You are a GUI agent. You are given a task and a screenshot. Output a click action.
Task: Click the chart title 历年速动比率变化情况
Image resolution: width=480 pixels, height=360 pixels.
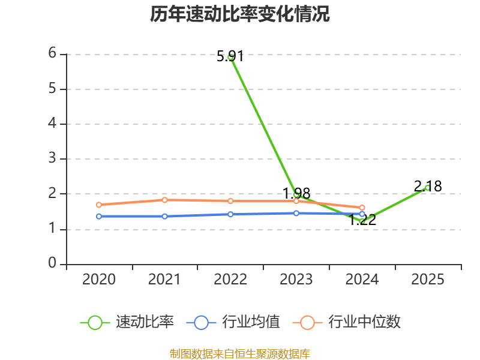coord(240,14)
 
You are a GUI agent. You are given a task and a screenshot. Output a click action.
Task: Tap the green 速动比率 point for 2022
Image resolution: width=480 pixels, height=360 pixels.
coord(230,56)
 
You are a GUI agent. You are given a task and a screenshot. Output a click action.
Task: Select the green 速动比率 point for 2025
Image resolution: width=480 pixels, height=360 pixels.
coord(427,188)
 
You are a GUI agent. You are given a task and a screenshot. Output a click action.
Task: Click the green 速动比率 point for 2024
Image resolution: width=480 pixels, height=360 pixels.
coord(362,221)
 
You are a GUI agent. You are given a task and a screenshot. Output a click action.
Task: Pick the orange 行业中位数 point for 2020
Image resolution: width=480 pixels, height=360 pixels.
coord(99,205)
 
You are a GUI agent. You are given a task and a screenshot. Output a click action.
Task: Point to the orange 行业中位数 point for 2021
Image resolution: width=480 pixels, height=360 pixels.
coord(164,200)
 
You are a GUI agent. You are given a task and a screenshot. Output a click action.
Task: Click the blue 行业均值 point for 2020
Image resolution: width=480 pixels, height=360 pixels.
coord(99,216)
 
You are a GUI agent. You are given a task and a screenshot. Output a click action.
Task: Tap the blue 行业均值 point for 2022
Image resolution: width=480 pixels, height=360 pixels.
coord(230,214)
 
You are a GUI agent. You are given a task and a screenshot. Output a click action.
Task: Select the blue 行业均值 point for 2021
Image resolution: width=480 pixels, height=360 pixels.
coord(164,216)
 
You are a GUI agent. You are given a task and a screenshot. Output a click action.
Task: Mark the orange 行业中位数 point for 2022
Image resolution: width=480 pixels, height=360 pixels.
coord(230,201)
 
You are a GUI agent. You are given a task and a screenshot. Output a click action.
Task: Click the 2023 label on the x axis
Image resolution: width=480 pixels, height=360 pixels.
coord(296,280)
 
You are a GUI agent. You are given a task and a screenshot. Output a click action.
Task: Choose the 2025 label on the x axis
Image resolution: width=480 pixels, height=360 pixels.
coord(427,280)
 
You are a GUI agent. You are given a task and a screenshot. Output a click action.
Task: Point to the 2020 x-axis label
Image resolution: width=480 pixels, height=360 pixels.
coord(99,280)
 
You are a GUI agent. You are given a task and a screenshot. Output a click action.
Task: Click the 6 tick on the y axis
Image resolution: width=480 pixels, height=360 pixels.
coord(52,53)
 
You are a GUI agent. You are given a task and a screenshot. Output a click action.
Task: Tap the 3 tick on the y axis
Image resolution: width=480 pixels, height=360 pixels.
coord(52,158)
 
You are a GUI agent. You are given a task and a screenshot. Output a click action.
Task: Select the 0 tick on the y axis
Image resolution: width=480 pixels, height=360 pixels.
coord(52,263)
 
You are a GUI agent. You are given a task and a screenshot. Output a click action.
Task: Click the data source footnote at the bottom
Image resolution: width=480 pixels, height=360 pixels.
coord(240,353)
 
